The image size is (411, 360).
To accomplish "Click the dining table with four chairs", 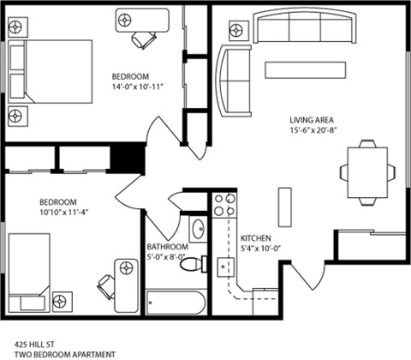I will click(366, 171).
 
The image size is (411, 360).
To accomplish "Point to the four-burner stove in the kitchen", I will click(223, 205).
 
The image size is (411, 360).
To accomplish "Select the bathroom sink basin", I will click(198, 229).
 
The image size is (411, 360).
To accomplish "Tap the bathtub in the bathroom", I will click(176, 301).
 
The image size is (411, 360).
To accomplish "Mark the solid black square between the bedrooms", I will click(128, 159).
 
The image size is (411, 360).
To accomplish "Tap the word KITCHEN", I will click(256, 238).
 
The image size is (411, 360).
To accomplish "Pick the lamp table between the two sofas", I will click(235, 29).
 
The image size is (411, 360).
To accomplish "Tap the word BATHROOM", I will click(167, 249).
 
